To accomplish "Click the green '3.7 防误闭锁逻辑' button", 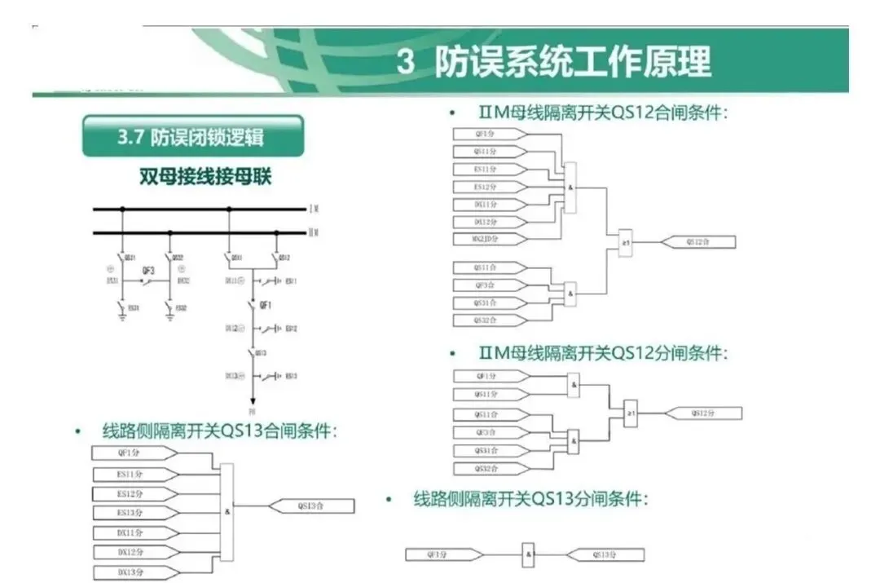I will [192, 136].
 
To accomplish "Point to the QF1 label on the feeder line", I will [264, 305].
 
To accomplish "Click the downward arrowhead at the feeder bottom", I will [253, 400].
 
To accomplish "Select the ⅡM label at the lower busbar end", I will [314, 232].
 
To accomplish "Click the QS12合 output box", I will [699, 242].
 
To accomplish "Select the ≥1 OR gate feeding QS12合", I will [626, 242].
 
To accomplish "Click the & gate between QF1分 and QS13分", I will [529, 555].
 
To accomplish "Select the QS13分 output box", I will [604, 555].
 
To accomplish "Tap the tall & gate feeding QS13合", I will [227, 512].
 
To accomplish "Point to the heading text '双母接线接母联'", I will [205, 178].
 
